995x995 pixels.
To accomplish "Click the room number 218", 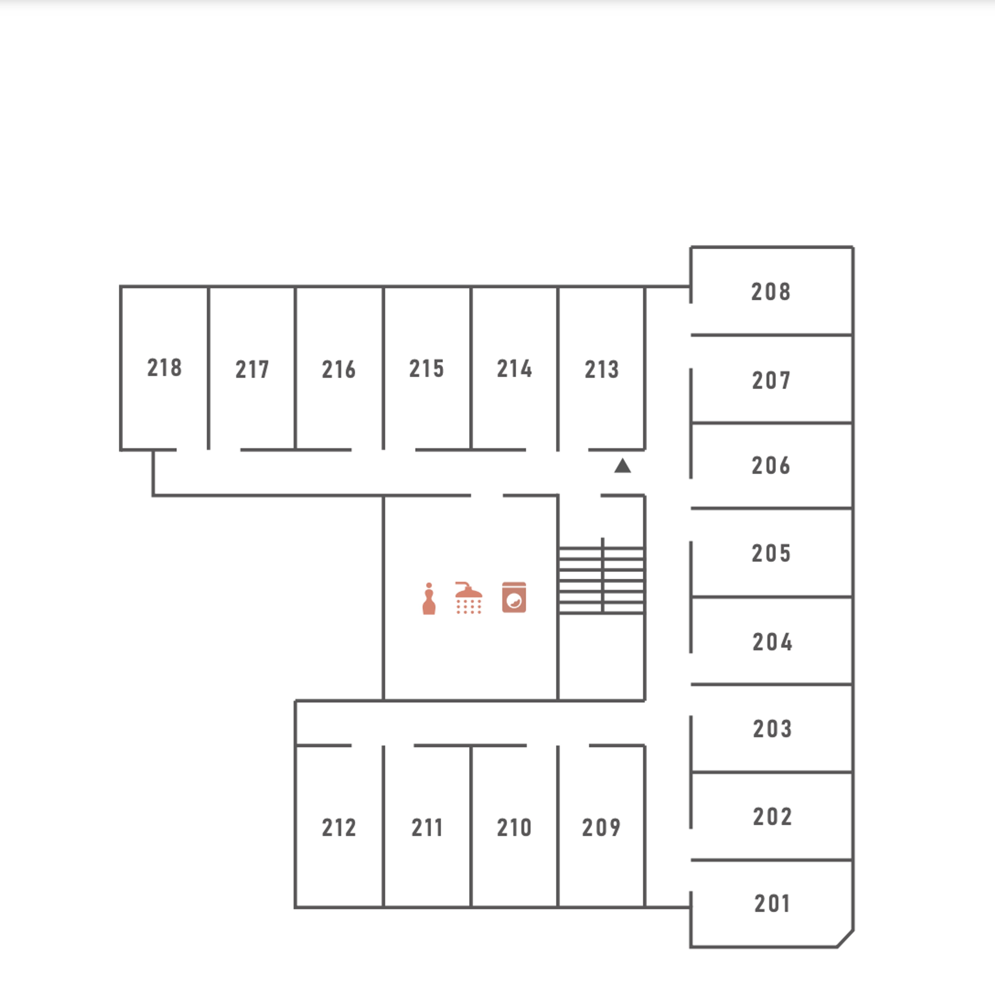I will click(x=164, y=368).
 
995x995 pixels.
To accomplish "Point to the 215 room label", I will click(x=427, y=369).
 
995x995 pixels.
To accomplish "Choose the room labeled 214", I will click(x=514, y=369).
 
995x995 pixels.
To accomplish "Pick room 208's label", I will click(x=770, y=292).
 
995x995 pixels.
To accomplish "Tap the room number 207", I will click(x=771, y=381).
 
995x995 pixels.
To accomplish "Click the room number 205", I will click(x=771, y=553).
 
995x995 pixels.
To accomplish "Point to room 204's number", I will click(x=772, y=642).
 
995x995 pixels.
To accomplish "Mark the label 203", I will click(x=772, y=729).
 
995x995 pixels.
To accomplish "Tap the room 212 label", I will click(x=338, y=828).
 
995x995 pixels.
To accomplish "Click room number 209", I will click(x=601, y=828).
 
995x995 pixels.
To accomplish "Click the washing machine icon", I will click(x=514, y=598).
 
